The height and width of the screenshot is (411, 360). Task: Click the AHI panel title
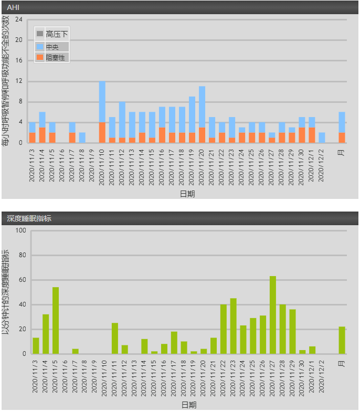click(13, 7)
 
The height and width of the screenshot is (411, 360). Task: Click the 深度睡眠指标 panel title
click(29, 218)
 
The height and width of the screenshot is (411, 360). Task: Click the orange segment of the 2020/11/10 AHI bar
click(102, 132)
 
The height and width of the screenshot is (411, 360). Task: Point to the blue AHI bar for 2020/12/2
click(322, 138)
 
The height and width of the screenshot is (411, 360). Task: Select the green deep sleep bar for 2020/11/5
click(56, 320)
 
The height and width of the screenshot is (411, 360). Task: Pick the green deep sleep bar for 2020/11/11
click(115, 338)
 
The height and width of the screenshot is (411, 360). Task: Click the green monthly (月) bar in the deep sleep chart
click(342, 340)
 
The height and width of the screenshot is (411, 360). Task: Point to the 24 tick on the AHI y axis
click(19, 19)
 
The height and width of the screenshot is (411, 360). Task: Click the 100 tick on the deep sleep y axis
click(20, 230)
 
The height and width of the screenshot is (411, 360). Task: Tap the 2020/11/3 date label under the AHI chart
click(32, 165)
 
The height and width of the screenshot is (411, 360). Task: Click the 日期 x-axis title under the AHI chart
click(187, 194)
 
